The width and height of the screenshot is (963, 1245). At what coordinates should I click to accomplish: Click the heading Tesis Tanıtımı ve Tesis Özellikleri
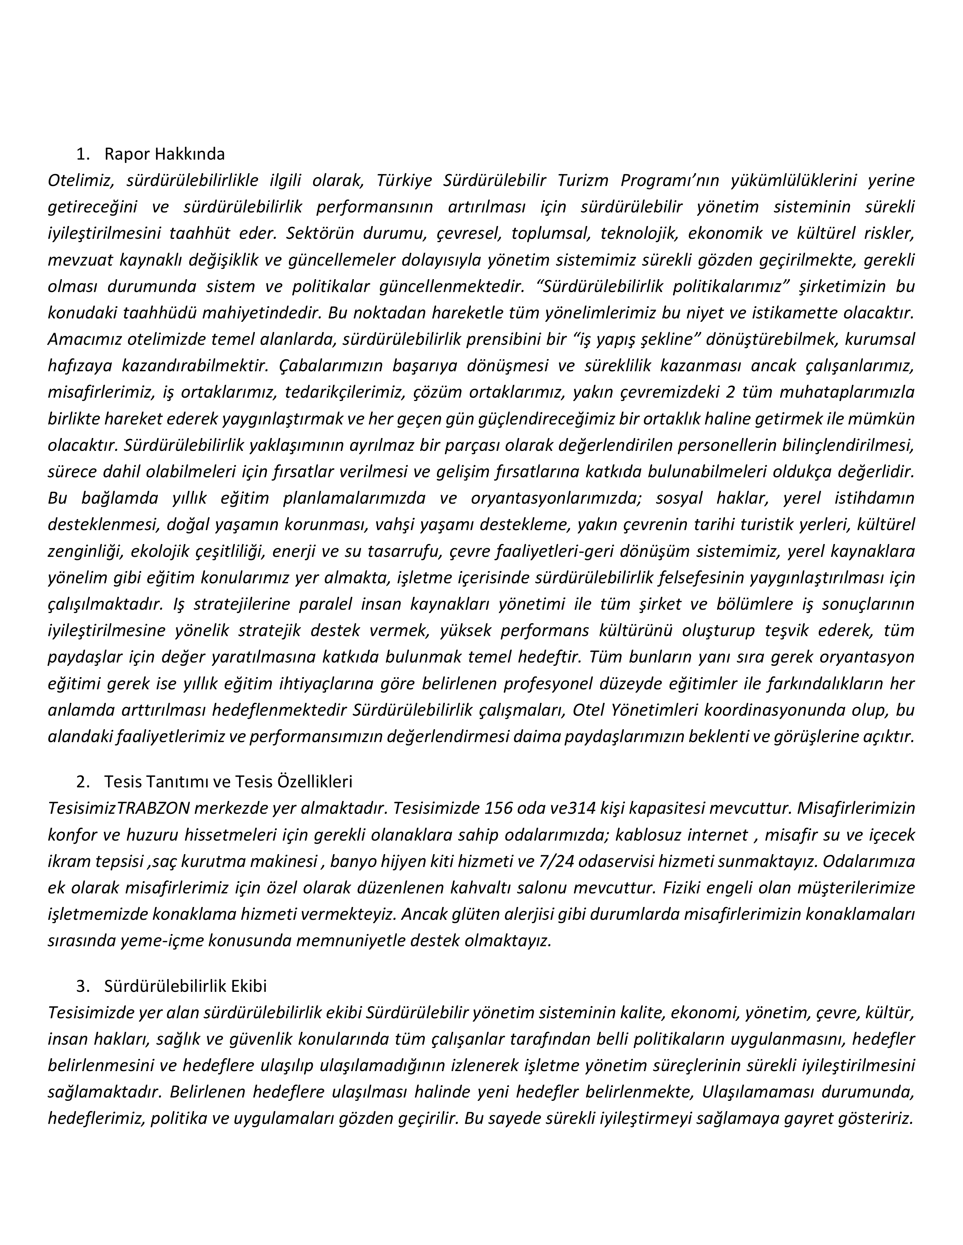click(x=228, y=781)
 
